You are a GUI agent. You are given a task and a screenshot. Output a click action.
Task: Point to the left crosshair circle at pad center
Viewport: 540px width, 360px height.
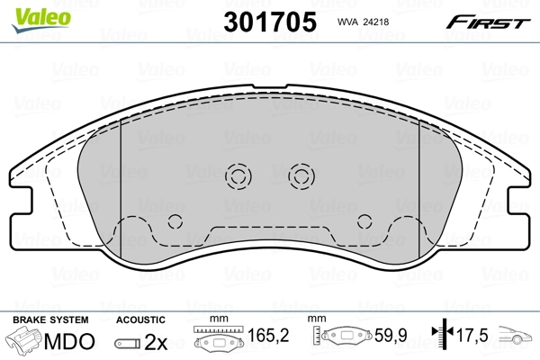click(239, 175)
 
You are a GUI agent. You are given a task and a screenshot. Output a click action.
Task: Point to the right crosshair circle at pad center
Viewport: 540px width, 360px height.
click(300, 175)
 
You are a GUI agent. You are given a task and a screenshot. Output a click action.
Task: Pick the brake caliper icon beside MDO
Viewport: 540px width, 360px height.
click(24, 341)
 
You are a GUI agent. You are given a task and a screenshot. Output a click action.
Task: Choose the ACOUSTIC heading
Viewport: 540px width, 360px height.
click(140, 319)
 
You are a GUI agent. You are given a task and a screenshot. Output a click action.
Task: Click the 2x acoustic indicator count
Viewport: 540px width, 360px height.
click(157, 341)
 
